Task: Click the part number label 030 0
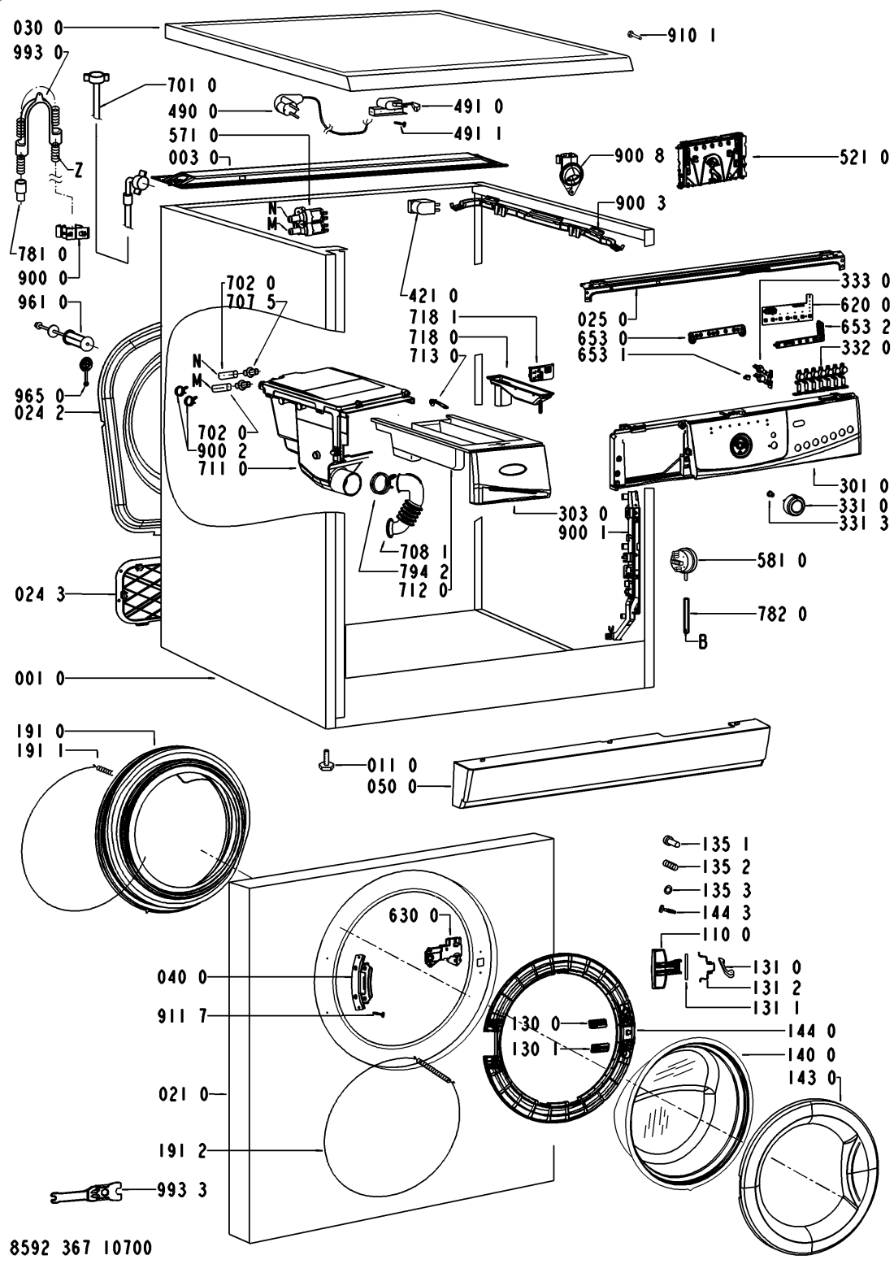click(x=39, y=28)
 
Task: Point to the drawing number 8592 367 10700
click(x=81, y=1248)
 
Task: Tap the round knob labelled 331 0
click(x=792, y=505)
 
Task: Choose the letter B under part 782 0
click(x=702, y=643)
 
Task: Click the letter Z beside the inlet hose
click(x=78, y=172)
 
